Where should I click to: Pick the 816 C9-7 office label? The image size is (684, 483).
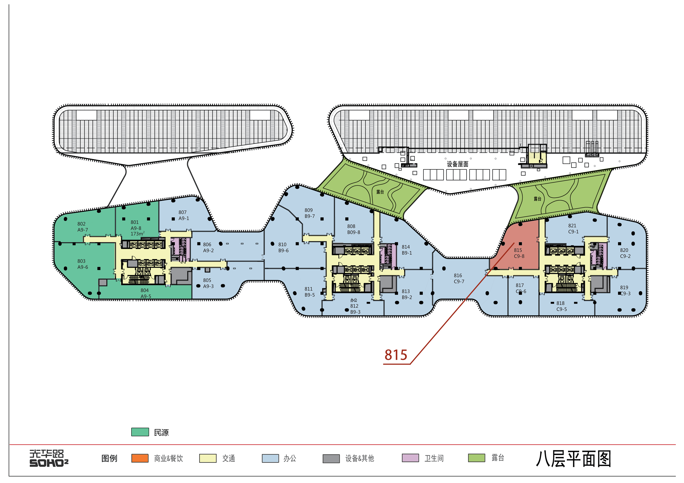coord(459,278)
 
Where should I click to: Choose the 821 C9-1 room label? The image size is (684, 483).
coord(573,228)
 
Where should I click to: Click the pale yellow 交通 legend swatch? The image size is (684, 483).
coord(208,458)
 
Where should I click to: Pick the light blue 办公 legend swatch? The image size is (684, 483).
coord(270,458)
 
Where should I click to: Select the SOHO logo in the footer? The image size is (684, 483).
coord(49,458)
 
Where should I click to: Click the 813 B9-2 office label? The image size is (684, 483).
coord(407,294)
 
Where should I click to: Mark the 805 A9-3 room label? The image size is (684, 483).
coord(208,283)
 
